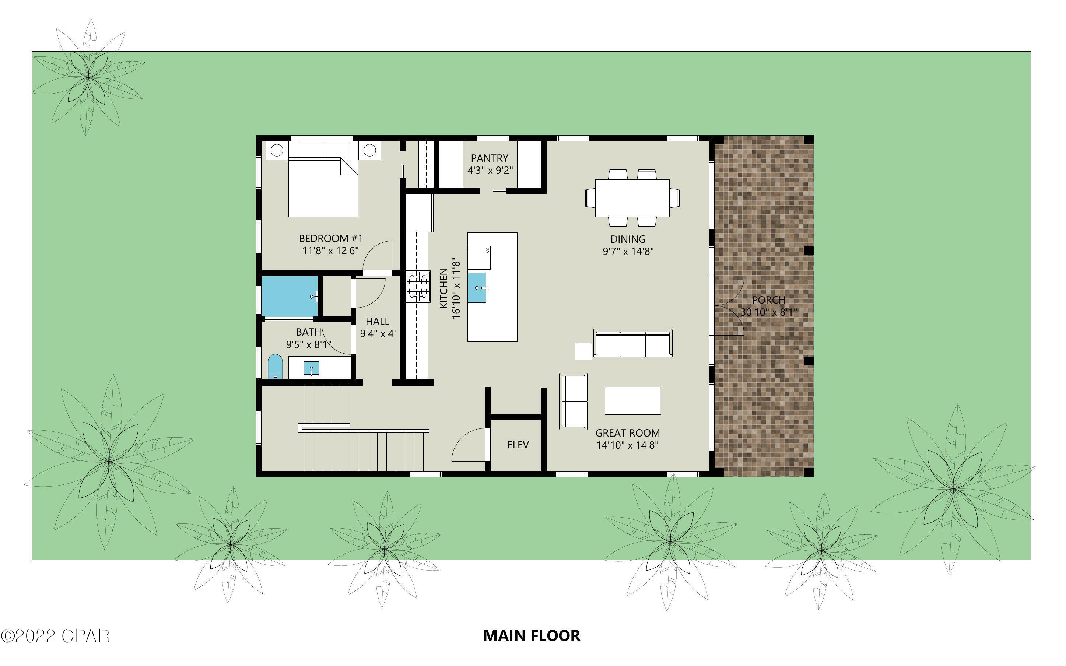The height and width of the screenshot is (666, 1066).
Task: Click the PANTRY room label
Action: [x=489, y=158]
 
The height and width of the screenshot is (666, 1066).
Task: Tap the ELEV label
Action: [x=518, y=445]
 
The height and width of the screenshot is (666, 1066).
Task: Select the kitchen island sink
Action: [x=477, y=288]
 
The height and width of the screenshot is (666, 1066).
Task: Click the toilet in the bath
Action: [x=275, y=367]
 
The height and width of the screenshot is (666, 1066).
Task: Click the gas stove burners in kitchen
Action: [x=418, y=287]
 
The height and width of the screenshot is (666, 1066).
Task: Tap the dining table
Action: [x=632, y=198]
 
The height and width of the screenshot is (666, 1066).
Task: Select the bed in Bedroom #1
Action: [x=323, y=187]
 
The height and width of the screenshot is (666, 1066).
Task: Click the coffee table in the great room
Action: [x=632, y=401]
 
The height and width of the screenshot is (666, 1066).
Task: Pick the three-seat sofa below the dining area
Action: [x=632, y=344]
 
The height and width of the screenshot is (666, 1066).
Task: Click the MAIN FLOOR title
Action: [x=532, y=635]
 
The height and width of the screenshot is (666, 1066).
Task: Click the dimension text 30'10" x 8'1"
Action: [x=769, y=312]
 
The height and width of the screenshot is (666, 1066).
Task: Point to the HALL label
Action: [x=377, y=322]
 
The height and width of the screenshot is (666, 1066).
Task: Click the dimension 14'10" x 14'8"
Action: [x=627, y=445]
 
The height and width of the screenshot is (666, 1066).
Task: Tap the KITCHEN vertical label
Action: [x=444, y=288]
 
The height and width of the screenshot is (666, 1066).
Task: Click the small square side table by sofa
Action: [x=583, y=351]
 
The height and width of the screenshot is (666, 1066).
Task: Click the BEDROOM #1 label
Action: [x=331, y=239]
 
